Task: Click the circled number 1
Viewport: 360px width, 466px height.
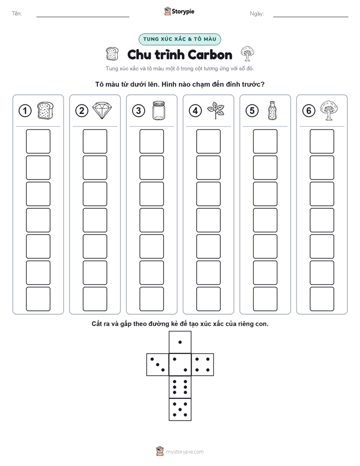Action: pos(25,111)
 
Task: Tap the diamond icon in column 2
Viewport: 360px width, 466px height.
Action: pos(102,110)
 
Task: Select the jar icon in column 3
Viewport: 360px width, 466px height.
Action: pos(159,110)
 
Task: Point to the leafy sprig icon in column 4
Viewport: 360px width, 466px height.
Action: pos(216,110)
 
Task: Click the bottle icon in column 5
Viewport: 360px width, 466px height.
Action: pos(272,110)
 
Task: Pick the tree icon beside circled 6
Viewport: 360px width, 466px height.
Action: pos(329,110)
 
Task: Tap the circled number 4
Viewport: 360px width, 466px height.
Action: pos(195,111)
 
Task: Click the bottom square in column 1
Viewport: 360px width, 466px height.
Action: pos(38,299)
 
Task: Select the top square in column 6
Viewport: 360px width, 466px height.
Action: pos(322,141)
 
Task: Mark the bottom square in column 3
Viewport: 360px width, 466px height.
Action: pos(151,299)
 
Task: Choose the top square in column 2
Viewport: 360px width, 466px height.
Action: pos(95,141)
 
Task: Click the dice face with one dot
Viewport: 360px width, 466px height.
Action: pos(180,342)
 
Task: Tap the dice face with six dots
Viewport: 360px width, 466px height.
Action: pos(180,387)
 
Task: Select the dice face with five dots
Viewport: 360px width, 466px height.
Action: pos(180,409)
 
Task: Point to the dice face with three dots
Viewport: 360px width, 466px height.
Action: pos(158,365)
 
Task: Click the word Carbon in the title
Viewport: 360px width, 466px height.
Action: pos(210,55)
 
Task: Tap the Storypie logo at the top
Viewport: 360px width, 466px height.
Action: pos(179,11)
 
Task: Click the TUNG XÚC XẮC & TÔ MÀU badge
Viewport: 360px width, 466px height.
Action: pos(179,39)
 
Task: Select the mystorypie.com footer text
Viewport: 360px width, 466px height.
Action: pos(185,452)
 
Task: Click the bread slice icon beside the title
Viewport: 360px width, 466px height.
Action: pos(112,54)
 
